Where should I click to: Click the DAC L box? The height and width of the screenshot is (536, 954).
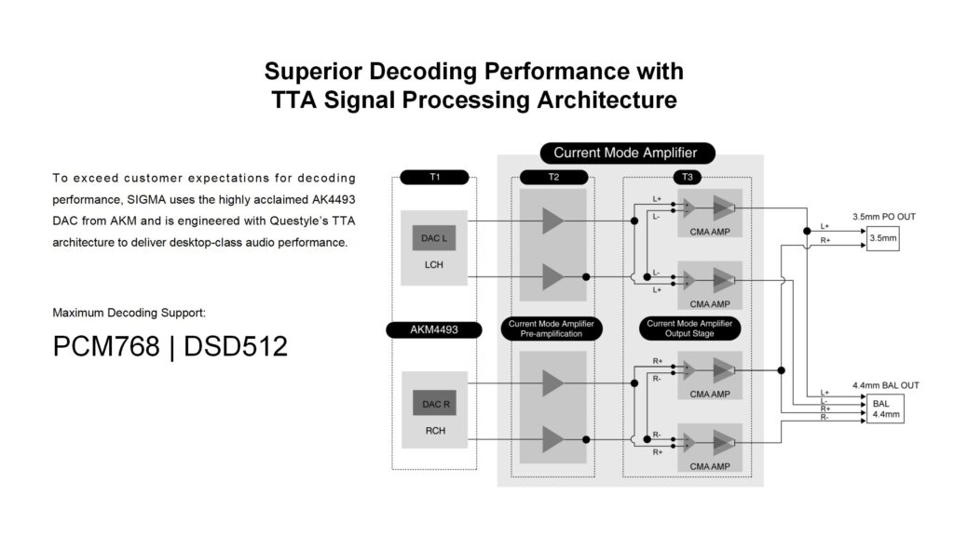434,238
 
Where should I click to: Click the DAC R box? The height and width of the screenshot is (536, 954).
434,403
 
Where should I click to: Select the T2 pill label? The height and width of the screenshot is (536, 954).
554,177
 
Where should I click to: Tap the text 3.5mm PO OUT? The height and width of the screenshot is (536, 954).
882,217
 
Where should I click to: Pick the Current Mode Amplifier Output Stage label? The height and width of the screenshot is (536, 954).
688,328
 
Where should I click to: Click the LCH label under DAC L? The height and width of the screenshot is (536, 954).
433,264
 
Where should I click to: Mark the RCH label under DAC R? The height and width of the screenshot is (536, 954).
433,431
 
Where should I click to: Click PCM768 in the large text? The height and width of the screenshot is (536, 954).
105,346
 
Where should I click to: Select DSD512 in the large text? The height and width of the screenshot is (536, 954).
236,346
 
